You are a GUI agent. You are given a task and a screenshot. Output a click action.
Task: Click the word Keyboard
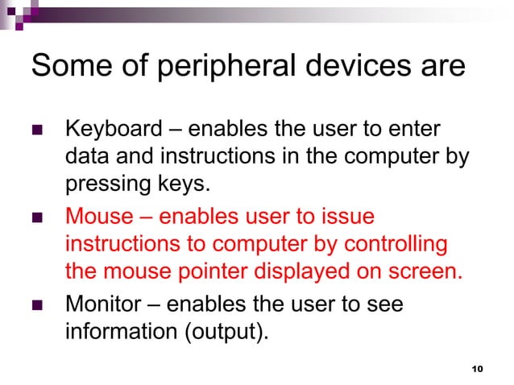point(104,129)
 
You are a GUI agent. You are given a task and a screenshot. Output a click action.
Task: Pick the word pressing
point(98,184)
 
